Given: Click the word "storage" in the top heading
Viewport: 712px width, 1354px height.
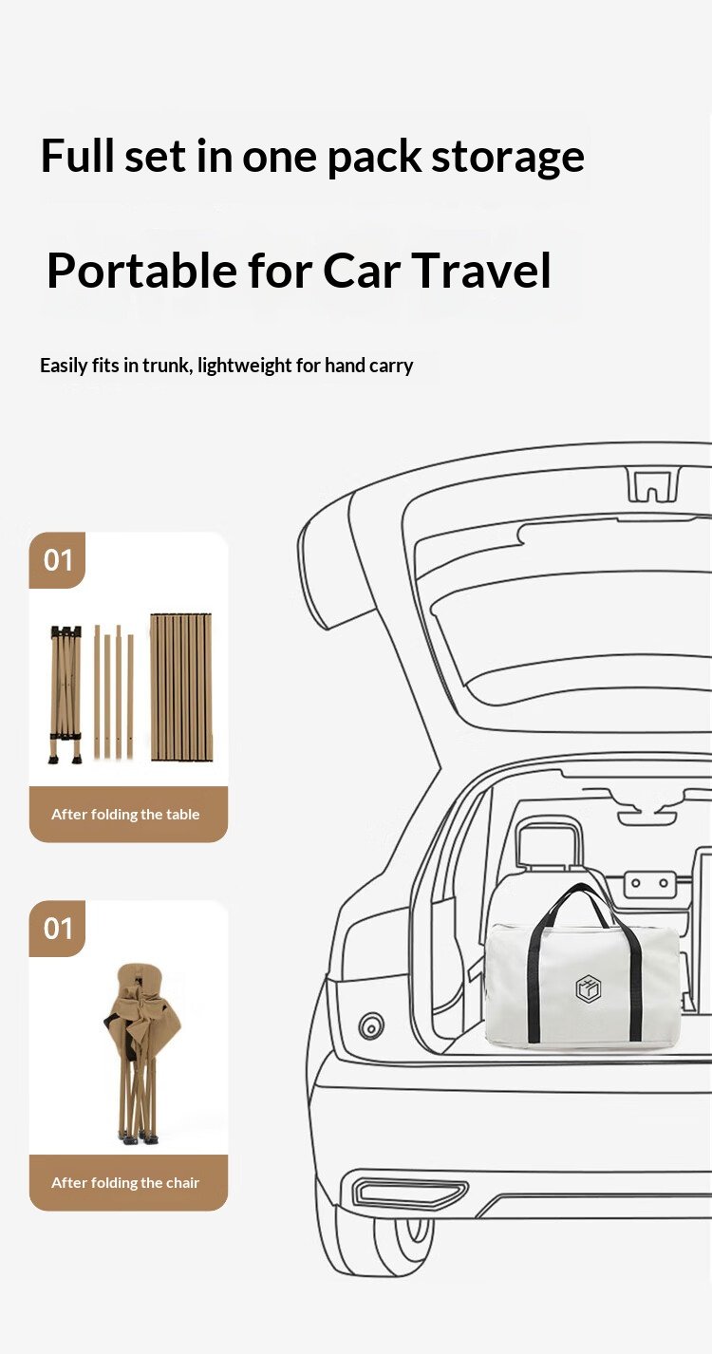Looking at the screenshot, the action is pos(507,158).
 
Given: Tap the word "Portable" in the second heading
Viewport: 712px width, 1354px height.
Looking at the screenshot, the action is pos(142,271).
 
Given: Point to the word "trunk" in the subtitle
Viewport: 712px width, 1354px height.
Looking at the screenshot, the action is pos(166,366).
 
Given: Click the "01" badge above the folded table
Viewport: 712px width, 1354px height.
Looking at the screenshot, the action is pos(57,560).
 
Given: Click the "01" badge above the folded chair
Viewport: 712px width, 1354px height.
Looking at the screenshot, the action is pos(57,929).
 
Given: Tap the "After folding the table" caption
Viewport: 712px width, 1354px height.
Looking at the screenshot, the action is pos(125,815).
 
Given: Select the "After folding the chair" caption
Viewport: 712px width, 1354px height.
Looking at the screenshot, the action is pos(125,1182).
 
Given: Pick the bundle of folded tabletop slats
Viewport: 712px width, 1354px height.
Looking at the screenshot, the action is pos(181,687).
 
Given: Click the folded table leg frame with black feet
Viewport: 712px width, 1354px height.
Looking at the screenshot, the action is pos(66,694).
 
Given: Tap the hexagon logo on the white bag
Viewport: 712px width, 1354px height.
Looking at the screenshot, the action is pos(588,989).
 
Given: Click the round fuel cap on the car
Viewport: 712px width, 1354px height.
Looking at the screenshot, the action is pos(371,1025).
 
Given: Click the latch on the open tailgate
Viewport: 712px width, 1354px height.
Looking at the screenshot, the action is pos(653,485).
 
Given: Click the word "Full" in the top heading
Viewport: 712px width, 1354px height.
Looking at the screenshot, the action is pos(77,156).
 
